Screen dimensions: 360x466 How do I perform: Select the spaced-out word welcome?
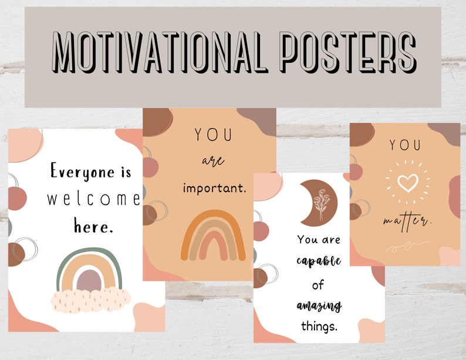(94, 199)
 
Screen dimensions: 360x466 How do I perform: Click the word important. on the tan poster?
(214, 189)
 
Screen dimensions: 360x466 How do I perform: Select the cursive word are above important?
(212, 161)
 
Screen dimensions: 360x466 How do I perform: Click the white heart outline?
(407, 182)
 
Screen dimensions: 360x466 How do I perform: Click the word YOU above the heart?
(406, 144)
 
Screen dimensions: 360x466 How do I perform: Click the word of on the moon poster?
(318, 285)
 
